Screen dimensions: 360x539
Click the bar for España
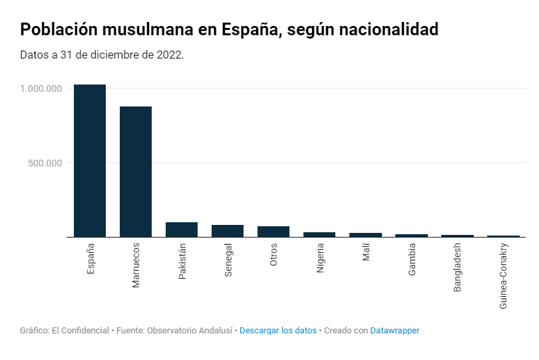pyautogui.click(x=90, y=160)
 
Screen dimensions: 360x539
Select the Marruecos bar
pyautogui.click(x=136, y=172)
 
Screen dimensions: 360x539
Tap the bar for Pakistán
pyautogui.click(x=182, y=230)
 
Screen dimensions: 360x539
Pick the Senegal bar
pyautogui.click(x=228, y=231)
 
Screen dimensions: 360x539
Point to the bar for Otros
pyautogui.click(x=273, y=232)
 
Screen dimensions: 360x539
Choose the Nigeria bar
pyautogui.click(x=319, y=234)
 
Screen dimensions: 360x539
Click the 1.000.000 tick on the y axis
pyautogui.click(x=41, y=89)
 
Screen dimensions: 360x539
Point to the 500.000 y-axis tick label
pyautogui.click(x=45, y=163)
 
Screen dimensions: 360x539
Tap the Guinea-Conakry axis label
pyautogui.click(x=504, y=276)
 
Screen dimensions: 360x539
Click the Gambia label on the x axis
pyautogui.click(x=412, y=260)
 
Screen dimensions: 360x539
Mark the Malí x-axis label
pyautogui.click(x=366, y=253)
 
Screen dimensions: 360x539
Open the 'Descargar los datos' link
pyautogui.click(x=278, y=331)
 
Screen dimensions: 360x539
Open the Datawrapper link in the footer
pyautogui.click(x=395, y=331)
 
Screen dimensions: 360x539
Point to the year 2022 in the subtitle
pyautogui.click(x=170, y=55)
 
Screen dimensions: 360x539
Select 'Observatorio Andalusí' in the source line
pyautogui.click(x=190, y=331)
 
